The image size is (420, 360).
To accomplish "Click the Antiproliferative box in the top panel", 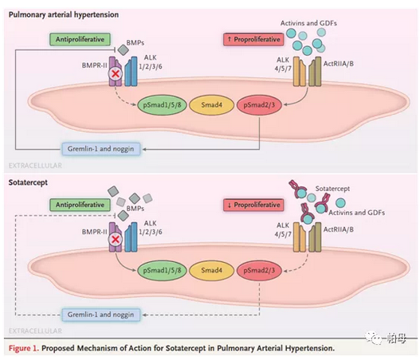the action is click(x=80, y=39).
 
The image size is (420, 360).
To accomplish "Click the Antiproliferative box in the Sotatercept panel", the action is click(x=80, y=205).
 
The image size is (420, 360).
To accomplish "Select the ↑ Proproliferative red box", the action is click(x=253, y=39).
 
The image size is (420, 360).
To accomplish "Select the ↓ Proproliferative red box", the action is click(x=253, y=205).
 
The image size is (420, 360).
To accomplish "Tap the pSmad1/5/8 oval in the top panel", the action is click(x=162, y=104).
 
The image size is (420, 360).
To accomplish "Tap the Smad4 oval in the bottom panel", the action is click(x=212, y=270).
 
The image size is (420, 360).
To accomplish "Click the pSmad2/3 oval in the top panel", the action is click(x=259, y=104).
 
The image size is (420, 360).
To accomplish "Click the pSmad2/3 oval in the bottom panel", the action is click(x=259, y=270).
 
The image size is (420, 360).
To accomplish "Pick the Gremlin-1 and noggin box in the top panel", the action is click(x=101, y=149).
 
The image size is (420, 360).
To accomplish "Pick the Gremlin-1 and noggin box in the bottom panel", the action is click(x=101, y=315).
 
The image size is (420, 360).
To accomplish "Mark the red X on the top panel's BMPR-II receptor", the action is click(x=116, y=73).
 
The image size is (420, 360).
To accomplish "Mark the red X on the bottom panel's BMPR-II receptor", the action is click(x=116, y=239).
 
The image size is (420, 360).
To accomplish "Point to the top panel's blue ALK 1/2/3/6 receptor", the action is click(x=131, y=72).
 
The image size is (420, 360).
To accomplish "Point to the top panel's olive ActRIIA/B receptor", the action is click(x=315, y=72).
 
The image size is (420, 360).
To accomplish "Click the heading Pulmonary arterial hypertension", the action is click(x=64, y=14).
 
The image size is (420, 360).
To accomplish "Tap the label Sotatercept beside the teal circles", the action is click(x=332, y=189).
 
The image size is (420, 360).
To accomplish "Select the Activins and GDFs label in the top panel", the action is click(x=308, y=23).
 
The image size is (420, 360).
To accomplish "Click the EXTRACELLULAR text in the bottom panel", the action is click(x=35, y=331).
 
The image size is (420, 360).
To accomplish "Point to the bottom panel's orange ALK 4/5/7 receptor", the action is click(x=300, y=237).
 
